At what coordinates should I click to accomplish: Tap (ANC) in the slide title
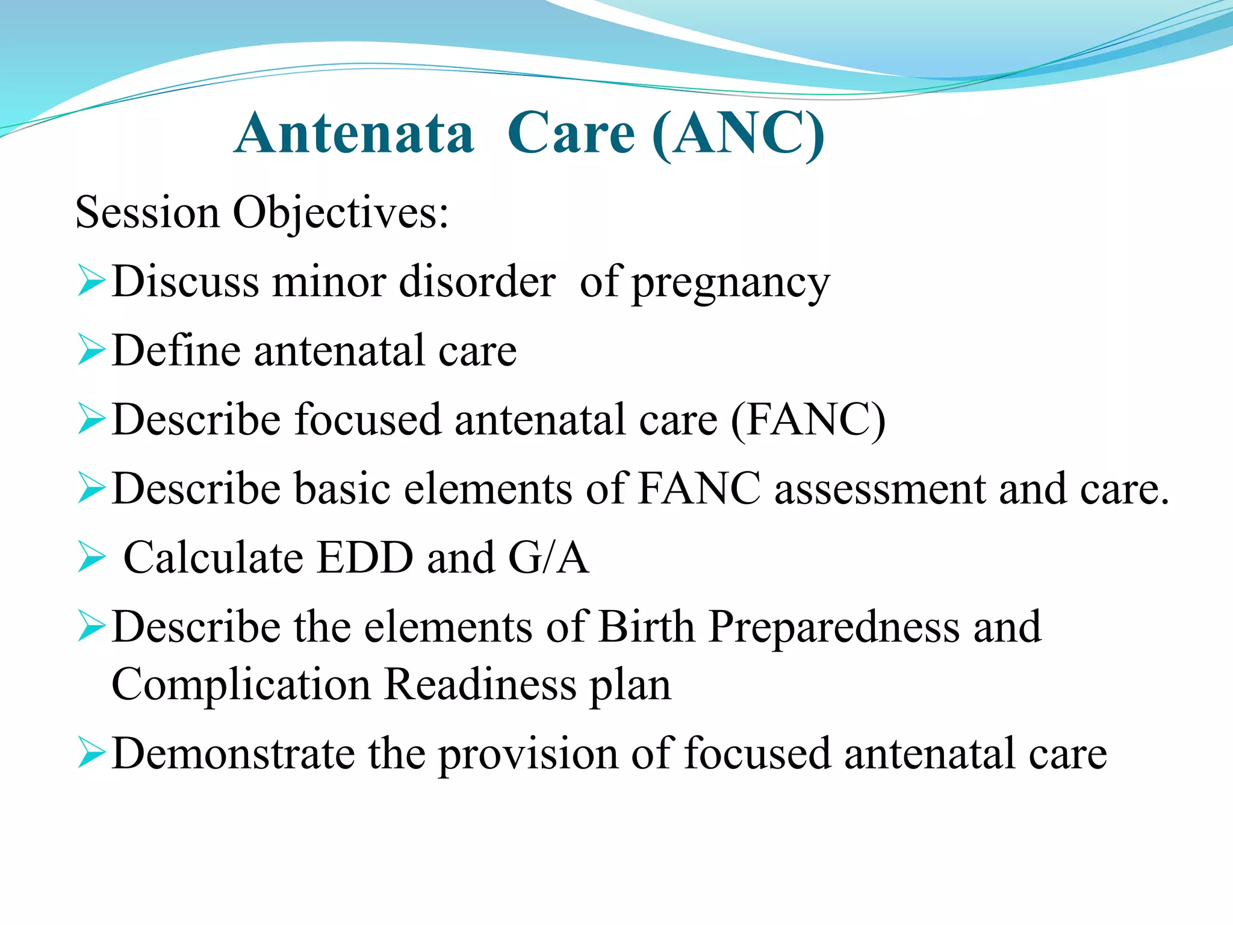[x=738, y=134]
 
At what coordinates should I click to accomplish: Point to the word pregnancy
[x=731, y=283]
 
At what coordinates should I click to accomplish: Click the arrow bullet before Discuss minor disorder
[x=91, y=282]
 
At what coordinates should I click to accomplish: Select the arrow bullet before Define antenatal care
[x=91, y=352]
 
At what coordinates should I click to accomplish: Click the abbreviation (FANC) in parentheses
[x=807, y=420]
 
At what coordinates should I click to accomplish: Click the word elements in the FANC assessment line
[x=488, y=489]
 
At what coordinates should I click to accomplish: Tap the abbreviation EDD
[x=365, y=558]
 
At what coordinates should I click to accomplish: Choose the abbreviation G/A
[x=548, y=558]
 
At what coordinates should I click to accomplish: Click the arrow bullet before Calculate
[x=91, y=558]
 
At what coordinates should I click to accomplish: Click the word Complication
[x=241, y=686]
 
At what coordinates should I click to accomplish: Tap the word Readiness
[x=480, y=685]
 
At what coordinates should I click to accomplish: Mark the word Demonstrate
[x=234, y=754]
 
